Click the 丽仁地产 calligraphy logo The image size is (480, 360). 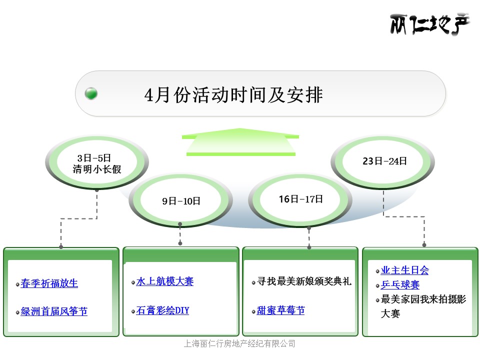tap(429, 24)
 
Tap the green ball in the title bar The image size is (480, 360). tap(91, 93)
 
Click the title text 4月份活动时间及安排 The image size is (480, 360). tap(233, 94)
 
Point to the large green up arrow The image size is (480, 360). tap(240, 142)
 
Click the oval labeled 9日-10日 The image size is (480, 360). tap(180, 200)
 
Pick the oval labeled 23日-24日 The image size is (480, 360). tap(383, 162)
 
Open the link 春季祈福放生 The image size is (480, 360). tap(49, 283)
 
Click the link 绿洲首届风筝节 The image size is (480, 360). tap(54, 311)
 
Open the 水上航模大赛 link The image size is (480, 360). tap(165, 281)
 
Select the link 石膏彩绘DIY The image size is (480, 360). tap(162, 310)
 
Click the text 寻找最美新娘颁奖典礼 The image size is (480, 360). tap(304, 281)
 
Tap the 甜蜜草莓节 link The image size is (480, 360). tap(280, 310)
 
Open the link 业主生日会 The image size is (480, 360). tap(404, 270)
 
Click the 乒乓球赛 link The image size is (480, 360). tap(400, 285)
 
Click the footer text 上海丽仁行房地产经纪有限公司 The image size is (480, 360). tap(239, 344)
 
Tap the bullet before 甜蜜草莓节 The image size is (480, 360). tap(253, 312)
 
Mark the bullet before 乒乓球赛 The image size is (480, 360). tap(377, 286)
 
